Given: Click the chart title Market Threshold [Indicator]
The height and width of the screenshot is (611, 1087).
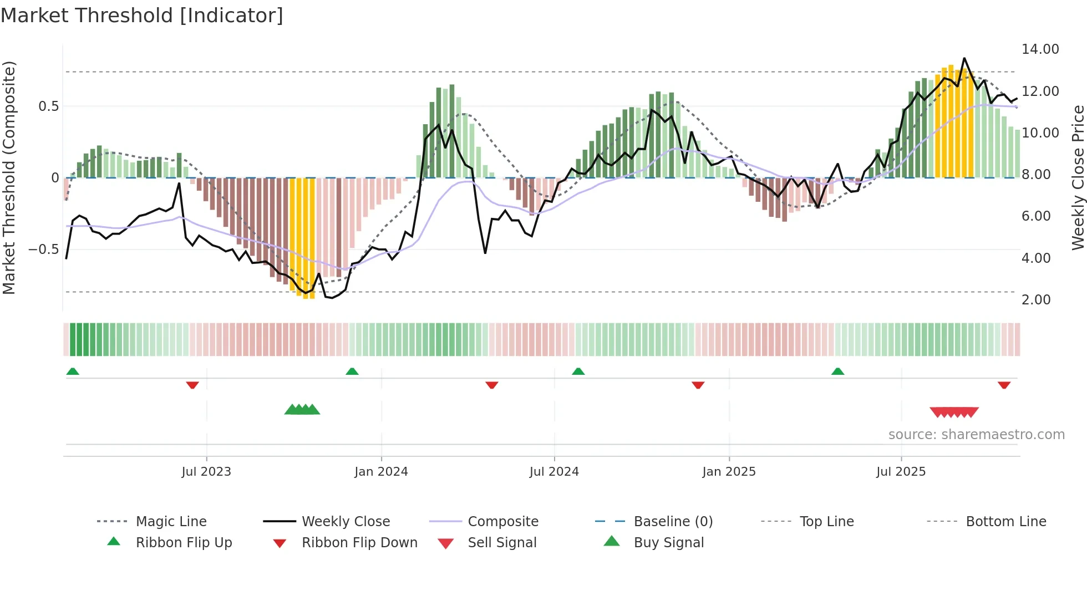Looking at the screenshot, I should tap(142, 16).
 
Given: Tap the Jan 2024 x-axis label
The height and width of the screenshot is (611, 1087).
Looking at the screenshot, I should tap(381, 472).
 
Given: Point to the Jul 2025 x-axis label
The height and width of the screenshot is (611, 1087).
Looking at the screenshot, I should tap(901, 472).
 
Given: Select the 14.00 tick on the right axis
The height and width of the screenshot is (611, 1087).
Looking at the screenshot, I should tap(1040, 49).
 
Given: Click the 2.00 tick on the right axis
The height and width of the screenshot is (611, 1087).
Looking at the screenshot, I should tap(1036, 300).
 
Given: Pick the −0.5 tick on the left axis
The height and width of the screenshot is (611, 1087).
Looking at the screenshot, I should tap(44, 250).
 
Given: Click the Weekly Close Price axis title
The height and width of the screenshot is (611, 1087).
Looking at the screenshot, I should tap(1078, 177).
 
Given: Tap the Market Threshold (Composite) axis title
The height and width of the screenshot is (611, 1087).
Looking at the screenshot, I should tap(9, 177).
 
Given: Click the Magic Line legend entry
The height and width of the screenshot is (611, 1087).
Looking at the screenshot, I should tap(171, 522).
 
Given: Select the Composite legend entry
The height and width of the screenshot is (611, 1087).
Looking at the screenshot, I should tap(503, 522).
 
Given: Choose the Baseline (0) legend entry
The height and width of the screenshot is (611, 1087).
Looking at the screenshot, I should tap(673, 522).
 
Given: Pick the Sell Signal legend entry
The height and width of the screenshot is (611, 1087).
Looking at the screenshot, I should tap(502, 543).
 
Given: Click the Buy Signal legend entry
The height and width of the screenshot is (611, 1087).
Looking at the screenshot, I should tap(668, 543).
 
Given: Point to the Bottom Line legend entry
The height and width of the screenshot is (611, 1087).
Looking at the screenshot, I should tap(1005, 522).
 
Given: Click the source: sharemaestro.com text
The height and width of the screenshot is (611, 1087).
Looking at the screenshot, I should tap(976, 435).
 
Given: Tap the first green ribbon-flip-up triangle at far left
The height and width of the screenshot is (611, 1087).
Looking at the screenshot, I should tap(73, 371).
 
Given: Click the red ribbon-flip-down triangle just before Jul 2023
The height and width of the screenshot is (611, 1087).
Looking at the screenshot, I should tap(192, 385).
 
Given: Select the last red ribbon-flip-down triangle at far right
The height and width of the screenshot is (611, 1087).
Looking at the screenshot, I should tap(1004, 385).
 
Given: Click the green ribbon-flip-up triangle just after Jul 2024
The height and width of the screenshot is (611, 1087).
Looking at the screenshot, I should tap(578, 371).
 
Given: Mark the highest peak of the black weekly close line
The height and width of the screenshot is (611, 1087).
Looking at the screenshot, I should tap(964, 58).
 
